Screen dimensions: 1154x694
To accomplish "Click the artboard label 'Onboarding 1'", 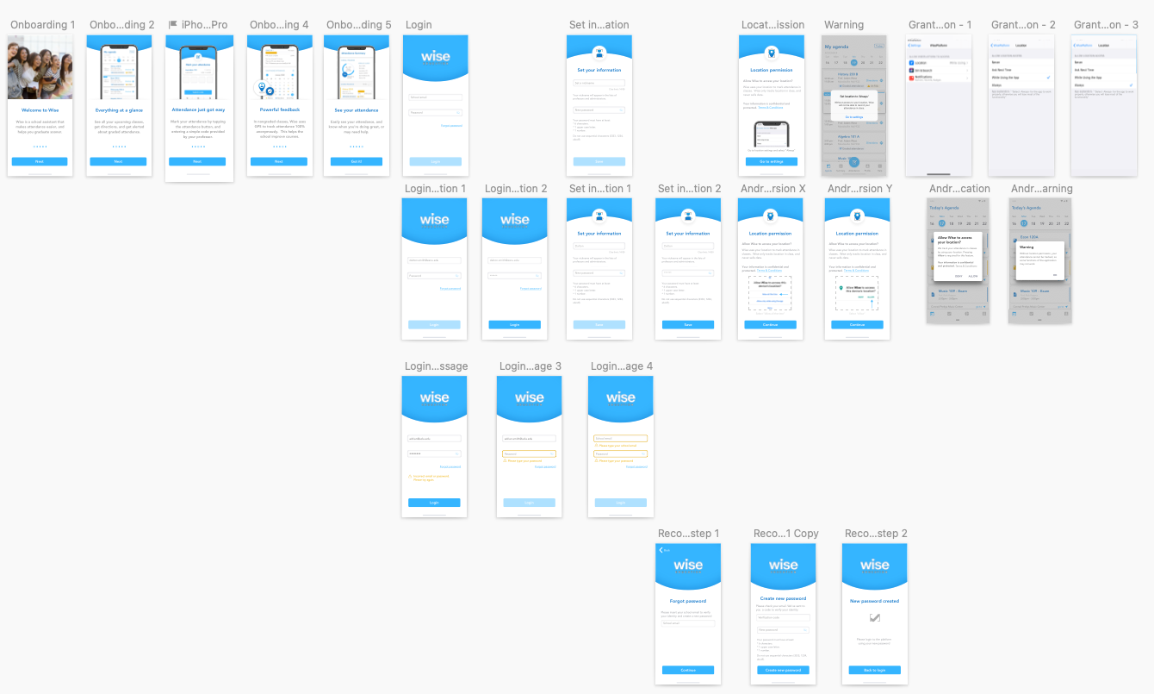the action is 42,25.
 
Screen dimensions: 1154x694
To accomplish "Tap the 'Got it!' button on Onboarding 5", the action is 357,161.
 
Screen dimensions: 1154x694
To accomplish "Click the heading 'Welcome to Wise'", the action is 40,110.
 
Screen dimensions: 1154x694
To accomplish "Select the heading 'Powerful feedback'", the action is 279,110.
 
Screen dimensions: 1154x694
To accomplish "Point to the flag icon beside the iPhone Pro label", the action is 173,25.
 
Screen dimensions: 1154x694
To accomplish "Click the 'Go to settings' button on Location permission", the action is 771,161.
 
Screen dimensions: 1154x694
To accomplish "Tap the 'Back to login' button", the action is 874,670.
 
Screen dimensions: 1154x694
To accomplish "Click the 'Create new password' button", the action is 783,670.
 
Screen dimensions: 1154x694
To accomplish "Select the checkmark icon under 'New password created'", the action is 875,617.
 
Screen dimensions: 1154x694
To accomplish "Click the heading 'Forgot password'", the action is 688,601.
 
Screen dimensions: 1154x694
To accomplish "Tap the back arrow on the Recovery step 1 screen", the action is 661,550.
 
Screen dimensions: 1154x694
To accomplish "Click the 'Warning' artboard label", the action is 843,25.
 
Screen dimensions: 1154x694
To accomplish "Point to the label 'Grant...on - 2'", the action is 1022,25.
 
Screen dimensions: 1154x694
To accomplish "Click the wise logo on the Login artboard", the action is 436,57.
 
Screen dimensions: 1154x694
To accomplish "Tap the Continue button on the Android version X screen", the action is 771,325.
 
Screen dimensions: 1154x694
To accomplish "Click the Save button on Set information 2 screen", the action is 687,325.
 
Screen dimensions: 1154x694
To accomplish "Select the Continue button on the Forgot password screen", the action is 688,670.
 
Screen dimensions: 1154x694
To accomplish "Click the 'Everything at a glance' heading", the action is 119,110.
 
